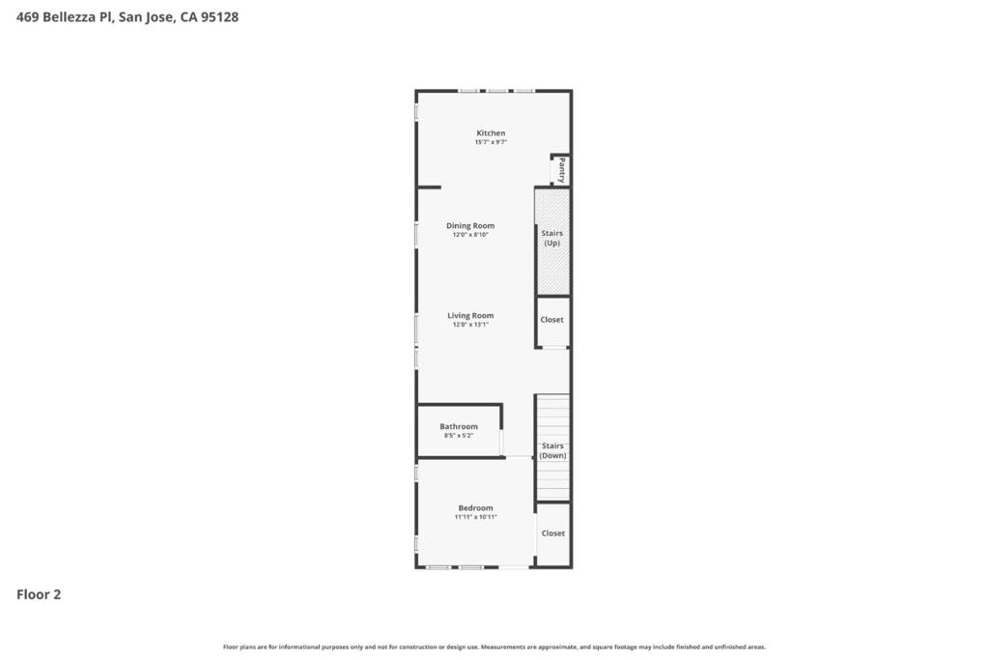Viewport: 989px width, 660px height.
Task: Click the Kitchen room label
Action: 491,133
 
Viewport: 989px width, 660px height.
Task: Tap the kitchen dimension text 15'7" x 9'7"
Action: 491,143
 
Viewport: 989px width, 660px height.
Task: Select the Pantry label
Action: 561,171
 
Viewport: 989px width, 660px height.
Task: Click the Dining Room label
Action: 470,226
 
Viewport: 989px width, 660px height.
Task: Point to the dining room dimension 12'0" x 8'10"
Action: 470,235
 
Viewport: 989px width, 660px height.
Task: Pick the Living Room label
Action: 470,316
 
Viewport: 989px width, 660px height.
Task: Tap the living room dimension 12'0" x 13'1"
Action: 470,325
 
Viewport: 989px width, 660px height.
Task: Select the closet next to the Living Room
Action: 552,320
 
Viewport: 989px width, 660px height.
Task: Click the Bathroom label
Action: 459,427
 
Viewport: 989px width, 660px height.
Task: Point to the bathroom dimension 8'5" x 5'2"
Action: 459,436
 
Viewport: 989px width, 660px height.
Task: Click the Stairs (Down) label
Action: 552,450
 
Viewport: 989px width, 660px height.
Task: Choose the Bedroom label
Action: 475,508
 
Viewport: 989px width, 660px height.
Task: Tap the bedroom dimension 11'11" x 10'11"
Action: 475,517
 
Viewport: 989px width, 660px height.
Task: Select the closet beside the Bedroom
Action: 553,533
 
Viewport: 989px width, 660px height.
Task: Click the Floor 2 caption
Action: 39,595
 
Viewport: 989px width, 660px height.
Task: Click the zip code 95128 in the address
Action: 219,16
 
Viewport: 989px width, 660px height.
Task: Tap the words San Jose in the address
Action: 145,16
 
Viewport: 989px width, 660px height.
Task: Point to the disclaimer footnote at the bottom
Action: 494,646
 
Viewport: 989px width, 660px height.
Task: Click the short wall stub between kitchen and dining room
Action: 430,187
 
